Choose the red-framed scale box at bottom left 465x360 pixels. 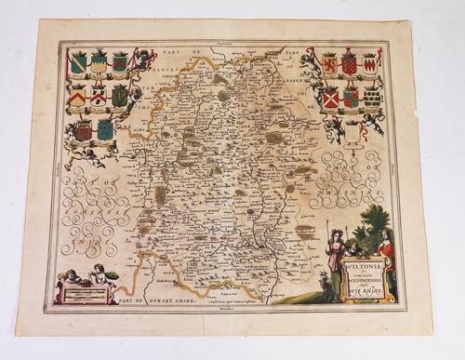tap(88, 293)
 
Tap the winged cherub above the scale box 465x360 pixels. tap(98, 274)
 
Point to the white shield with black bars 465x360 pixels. tap(371, 97)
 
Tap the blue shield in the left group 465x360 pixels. tap(105, 129)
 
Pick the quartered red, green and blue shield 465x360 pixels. tap(351, 98)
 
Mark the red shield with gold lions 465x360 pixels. tap(349, 64)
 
